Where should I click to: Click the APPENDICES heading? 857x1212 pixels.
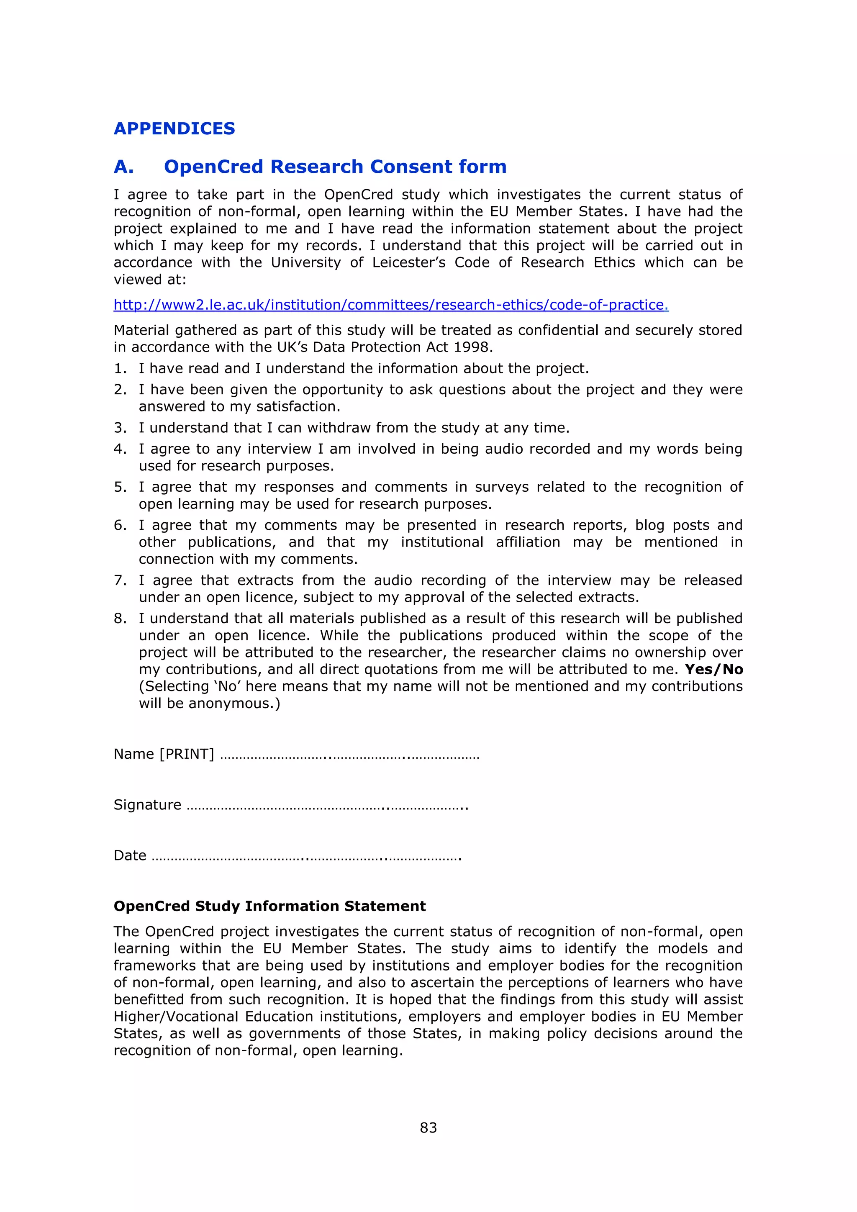(174, 128)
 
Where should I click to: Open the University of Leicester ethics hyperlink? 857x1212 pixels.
(390, 305)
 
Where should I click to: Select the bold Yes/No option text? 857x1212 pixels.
(713, 669)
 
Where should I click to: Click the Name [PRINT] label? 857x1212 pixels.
(164, 753)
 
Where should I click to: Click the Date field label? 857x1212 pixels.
(130, 855)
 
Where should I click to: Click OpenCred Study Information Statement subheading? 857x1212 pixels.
(269, 906)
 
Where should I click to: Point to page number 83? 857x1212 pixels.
(428, 1127)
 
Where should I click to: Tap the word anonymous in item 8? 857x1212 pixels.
(232, 703)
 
